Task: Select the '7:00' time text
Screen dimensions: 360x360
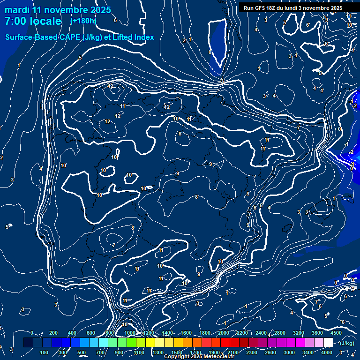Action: coord(15,22)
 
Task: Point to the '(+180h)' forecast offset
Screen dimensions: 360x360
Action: coord(83,21)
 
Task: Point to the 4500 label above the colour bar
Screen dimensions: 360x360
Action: coord(336,333)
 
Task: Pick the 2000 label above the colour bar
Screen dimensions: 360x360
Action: coord(224,333)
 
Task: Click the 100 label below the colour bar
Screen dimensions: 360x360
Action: coord(45,352)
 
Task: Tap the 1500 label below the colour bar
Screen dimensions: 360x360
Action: coord(177,352)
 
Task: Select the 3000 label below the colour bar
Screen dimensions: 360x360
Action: coord(289,352)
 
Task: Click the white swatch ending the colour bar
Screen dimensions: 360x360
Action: coord(328,343)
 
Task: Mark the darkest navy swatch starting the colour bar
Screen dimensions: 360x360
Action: coord(28,343)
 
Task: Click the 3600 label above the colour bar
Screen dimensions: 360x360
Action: coord(317,333)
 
